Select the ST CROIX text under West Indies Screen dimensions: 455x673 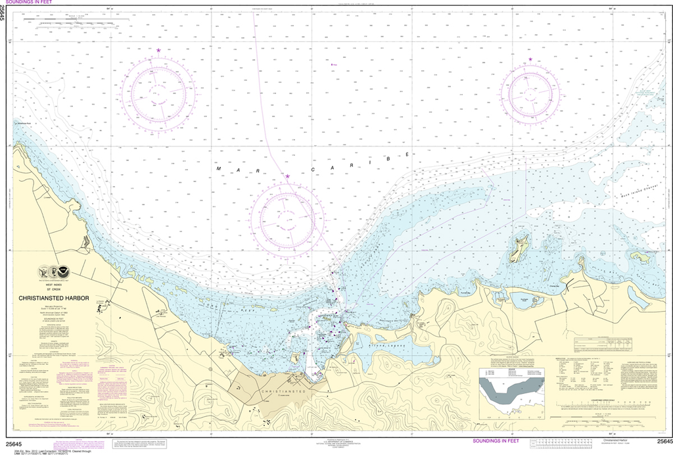54,288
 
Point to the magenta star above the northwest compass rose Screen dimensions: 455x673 158,51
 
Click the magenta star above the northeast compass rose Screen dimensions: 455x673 530,60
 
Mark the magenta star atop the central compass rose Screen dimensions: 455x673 287,176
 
